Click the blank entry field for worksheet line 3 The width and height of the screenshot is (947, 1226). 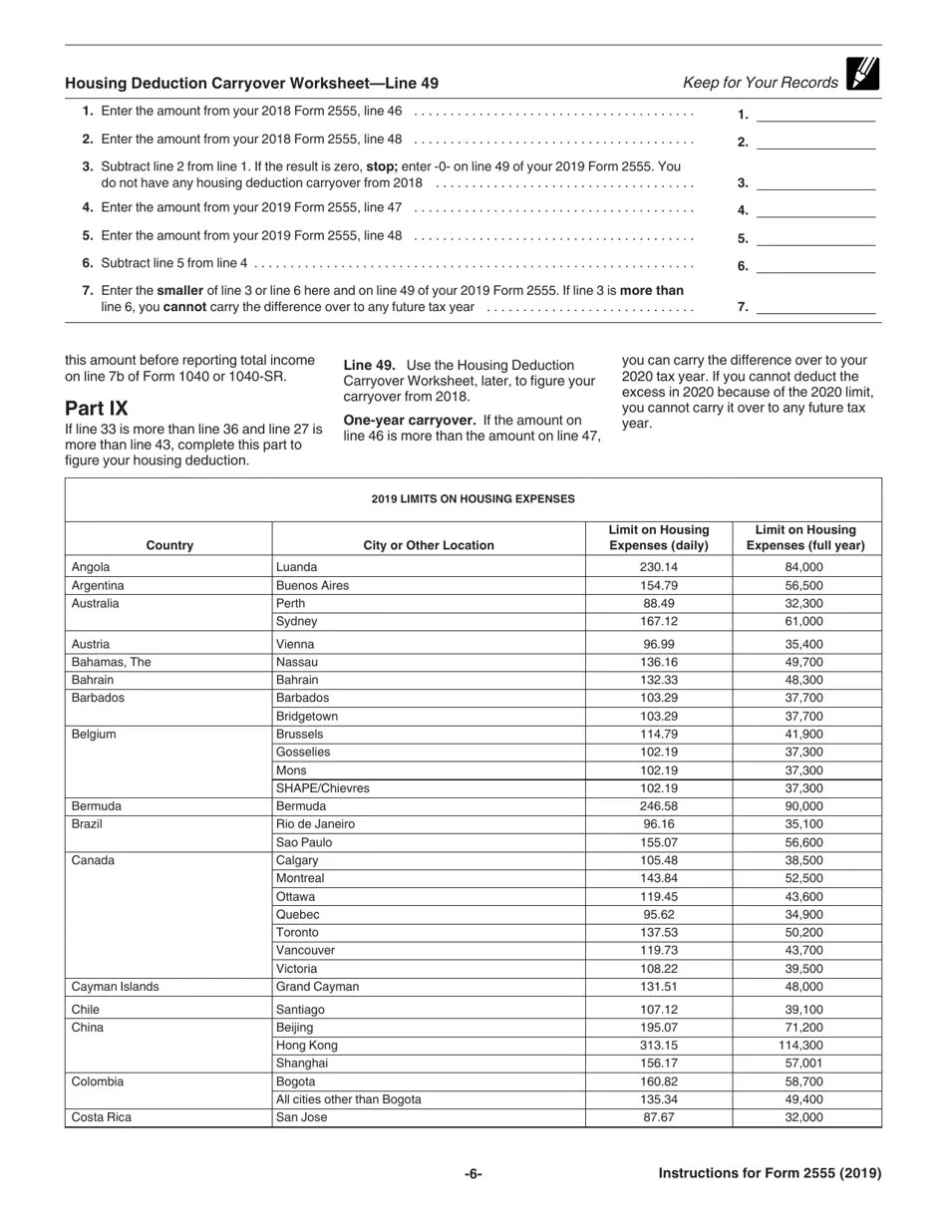[x=815, y=182]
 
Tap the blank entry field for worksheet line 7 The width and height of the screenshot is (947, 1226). [x=815, y=307]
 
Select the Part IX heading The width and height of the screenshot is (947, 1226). [x=97, y=409]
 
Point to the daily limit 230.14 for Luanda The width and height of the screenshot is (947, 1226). [x=658, y=567]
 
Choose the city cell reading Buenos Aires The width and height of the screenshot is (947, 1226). [x=312, y=586]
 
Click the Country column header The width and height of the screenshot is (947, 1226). [x=169, y=545]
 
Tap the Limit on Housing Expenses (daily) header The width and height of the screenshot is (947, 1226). [x=659, y=537]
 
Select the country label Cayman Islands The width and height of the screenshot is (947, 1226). [x=115, y=987]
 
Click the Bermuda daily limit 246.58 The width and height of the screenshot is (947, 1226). [x=658, y=806]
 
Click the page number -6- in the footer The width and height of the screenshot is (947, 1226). [x=473, y=1173]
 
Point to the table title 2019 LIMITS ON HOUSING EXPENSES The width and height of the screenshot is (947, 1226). [x=473, y=498]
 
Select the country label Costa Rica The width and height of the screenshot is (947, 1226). [x=102, y=1117]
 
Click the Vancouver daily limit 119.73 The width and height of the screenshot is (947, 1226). [x=658, y=951]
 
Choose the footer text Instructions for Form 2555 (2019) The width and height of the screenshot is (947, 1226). [x=770, y=1173]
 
